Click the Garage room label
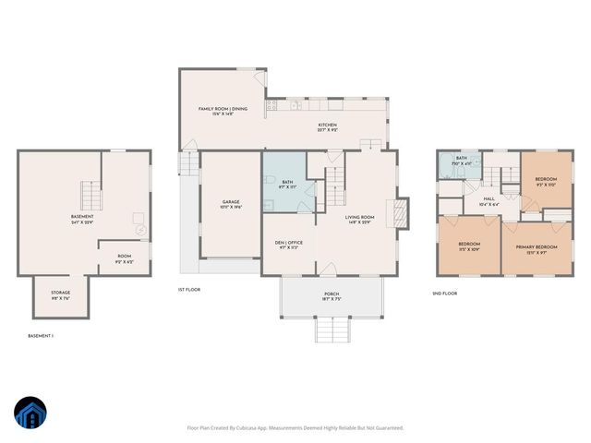tap(231, 204)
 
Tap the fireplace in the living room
tap(399, 213)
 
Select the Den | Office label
tap(289, 245)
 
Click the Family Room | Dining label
tap(223, 111)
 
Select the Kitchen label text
tap(328, 127)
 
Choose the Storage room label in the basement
tap(60, 297)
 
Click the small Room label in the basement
tap(124, 259)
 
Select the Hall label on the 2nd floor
tap(488, 201)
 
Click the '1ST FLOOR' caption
tap(188, 289)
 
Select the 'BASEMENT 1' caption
tap(41, 336)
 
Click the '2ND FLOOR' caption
tap(445, 293)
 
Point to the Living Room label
tap(359, 220)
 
